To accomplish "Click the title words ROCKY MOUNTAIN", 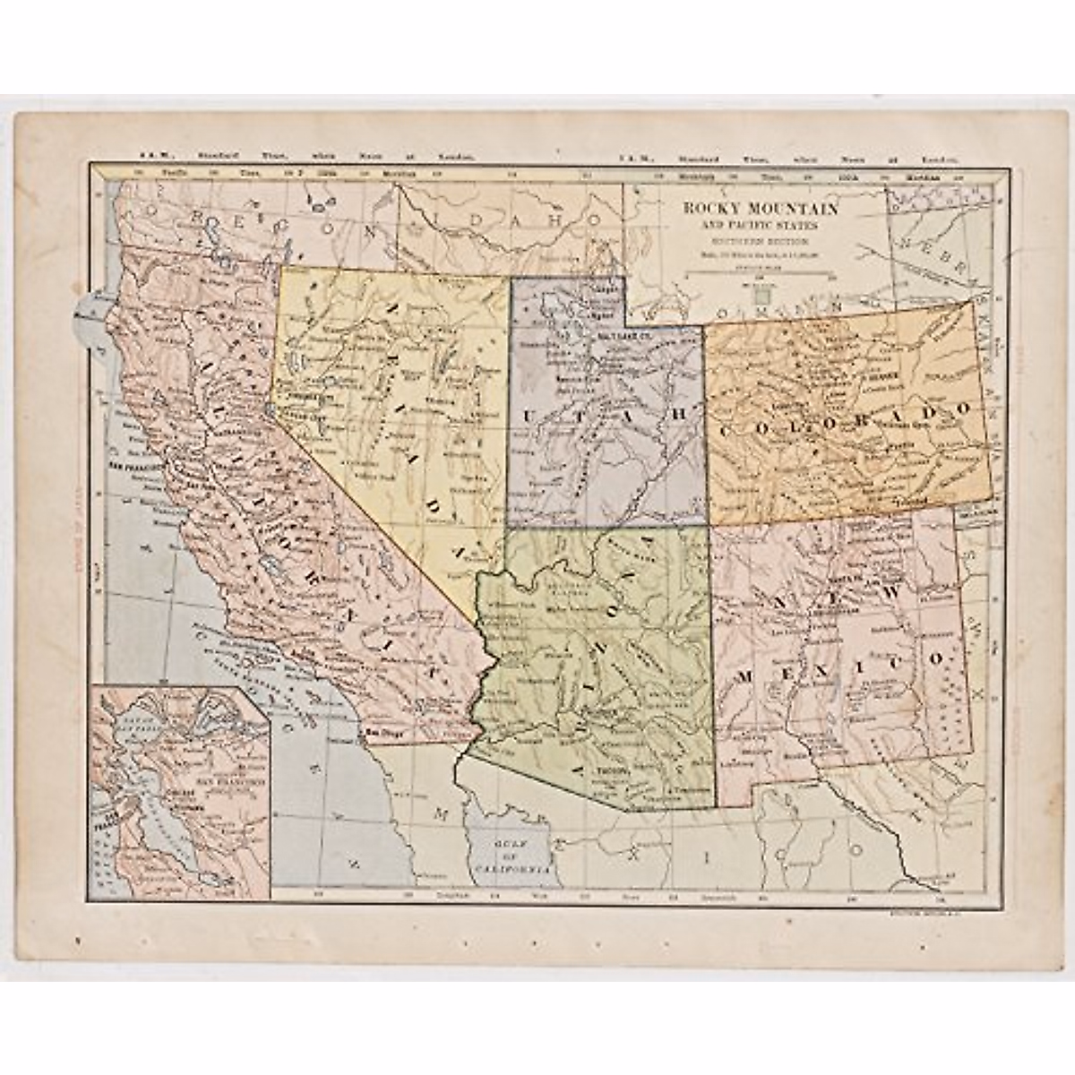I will [x=761, y=209].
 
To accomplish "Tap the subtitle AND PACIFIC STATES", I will [x=761, y=225].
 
